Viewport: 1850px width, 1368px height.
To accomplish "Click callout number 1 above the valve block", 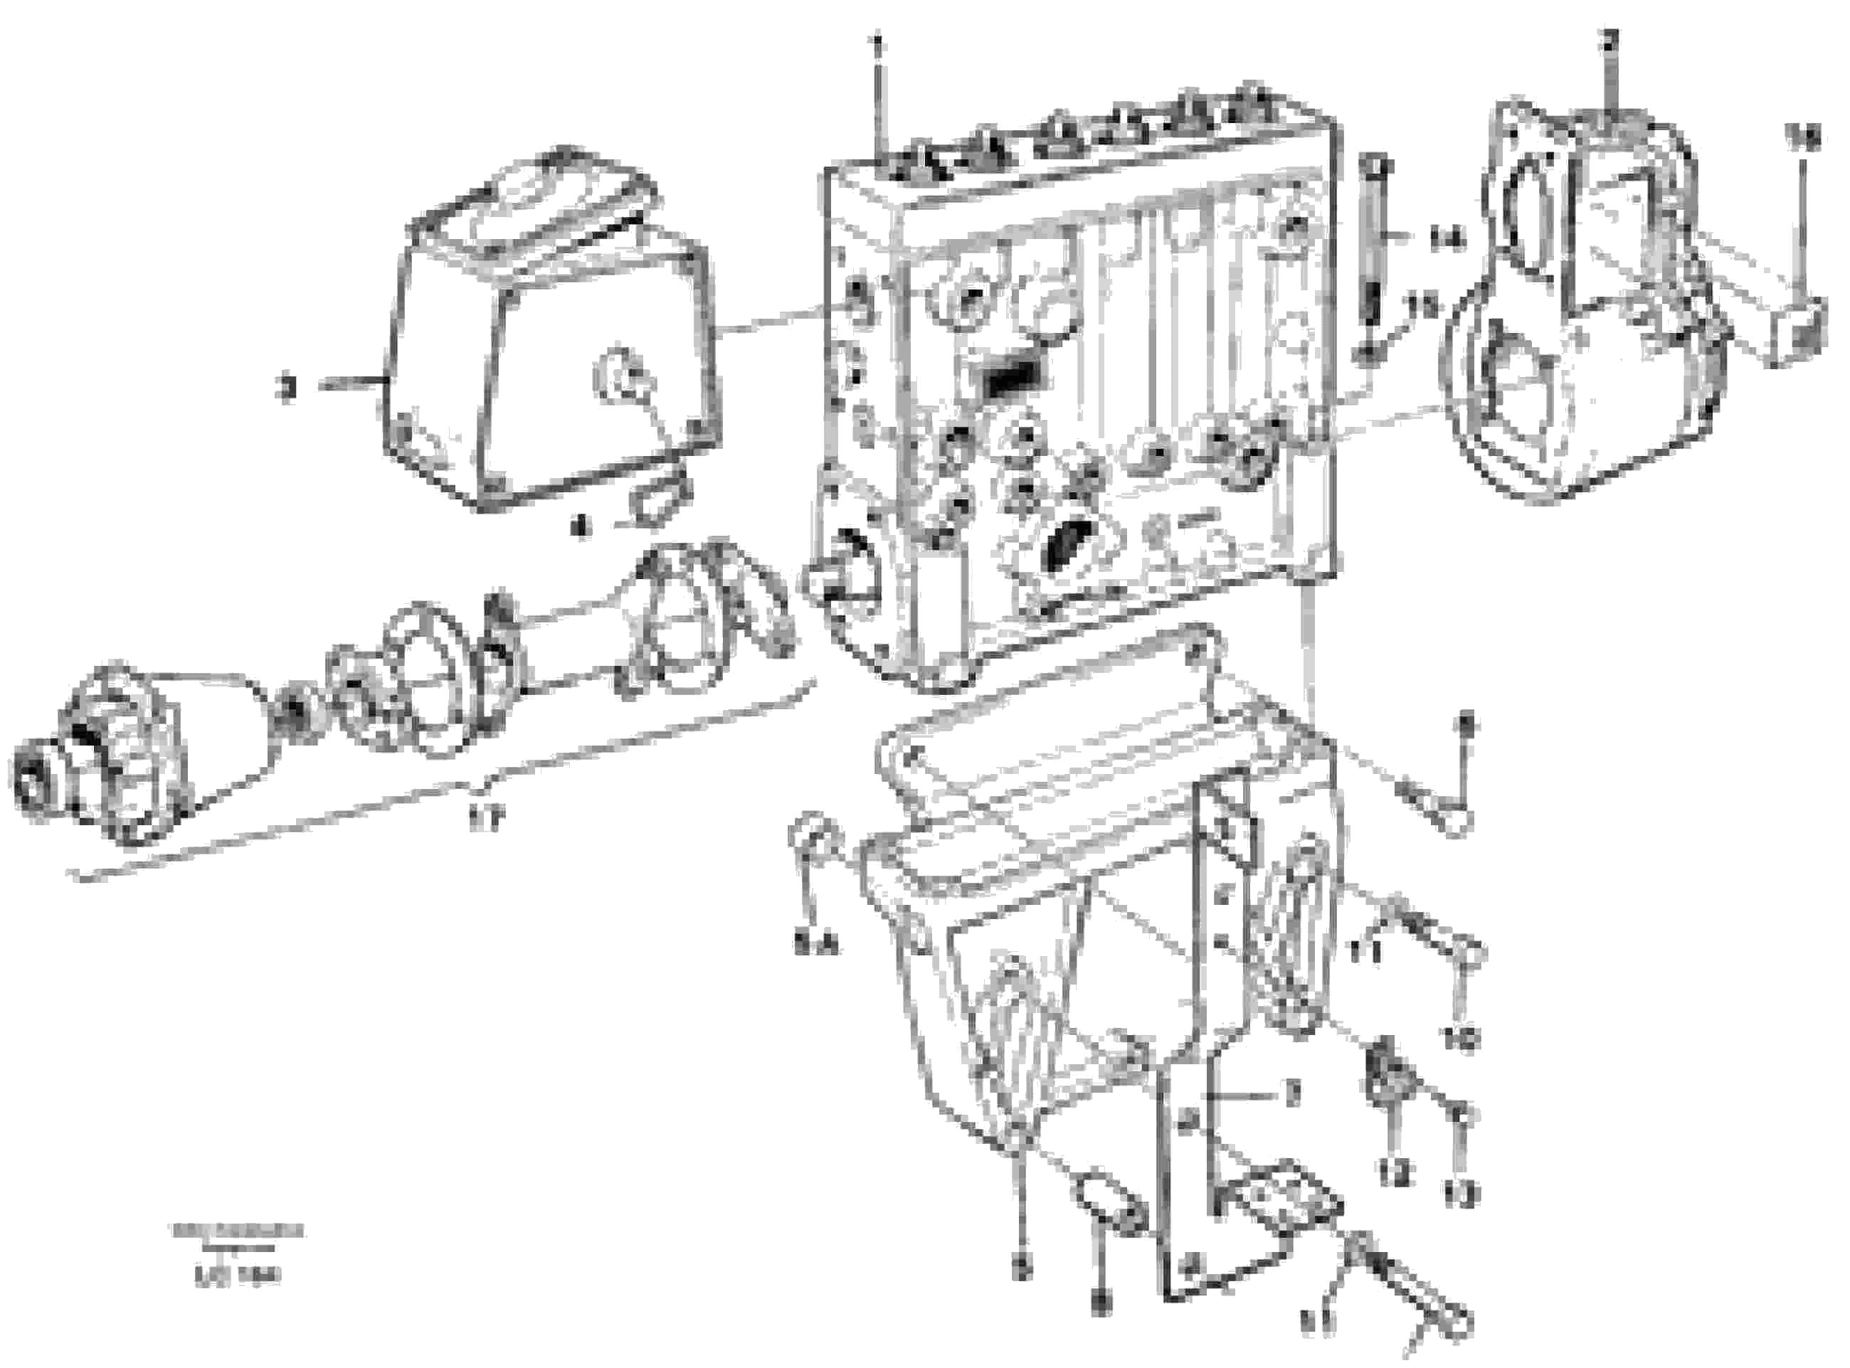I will coord(879,39).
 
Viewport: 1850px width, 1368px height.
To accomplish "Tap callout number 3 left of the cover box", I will coord(287,387).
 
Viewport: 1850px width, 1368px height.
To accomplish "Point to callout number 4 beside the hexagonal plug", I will coord(583,525).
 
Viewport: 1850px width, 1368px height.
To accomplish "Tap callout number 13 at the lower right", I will coord(1461,1192).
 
